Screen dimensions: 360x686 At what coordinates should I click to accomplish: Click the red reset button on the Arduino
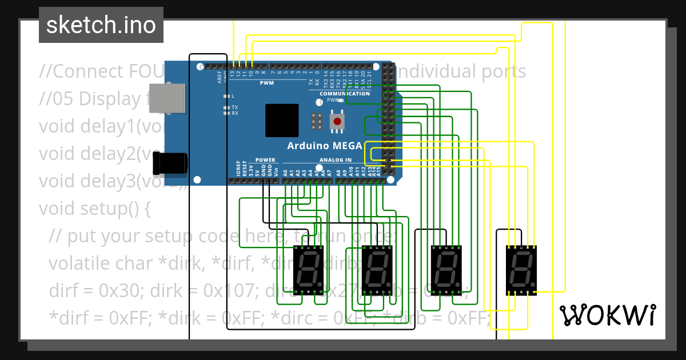coord(338,121)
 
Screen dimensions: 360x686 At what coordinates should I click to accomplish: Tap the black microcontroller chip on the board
coord(281,120)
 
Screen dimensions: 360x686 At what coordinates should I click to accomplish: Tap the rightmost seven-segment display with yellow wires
coord(521,270)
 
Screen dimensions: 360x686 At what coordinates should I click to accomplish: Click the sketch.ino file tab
coord(101,25)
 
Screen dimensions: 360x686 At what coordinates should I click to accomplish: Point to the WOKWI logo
coord(607,315)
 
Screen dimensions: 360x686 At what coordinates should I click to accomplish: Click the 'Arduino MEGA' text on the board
coord(324,146)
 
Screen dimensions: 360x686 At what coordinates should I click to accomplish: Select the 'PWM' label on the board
coord(267,83)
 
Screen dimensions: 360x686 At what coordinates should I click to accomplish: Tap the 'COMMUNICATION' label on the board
coord(344,94)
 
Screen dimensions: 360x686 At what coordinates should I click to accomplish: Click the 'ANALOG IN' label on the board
coord(335,160)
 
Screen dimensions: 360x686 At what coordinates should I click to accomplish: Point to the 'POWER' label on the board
coord(265,160)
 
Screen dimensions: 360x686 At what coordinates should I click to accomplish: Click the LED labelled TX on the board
coord(226,107)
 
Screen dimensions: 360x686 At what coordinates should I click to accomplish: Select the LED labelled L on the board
coord(226,96)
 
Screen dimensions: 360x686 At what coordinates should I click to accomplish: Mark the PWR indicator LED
coord(342,100)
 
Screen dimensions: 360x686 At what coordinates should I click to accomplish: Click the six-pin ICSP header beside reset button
coord(316,121)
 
